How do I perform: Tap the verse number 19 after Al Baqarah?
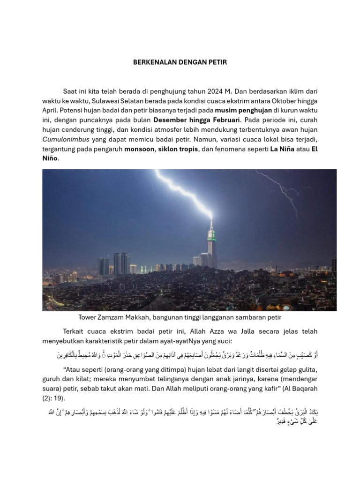(x=62, y=398)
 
